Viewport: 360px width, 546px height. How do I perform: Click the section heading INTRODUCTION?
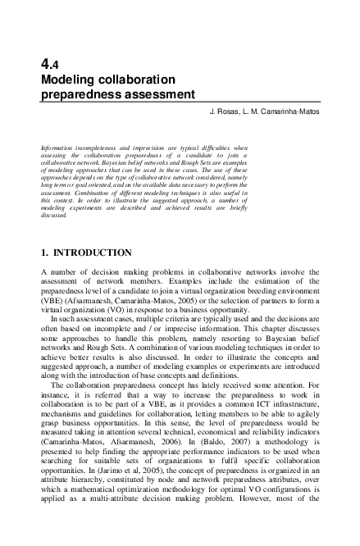click(x=92, y=251)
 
